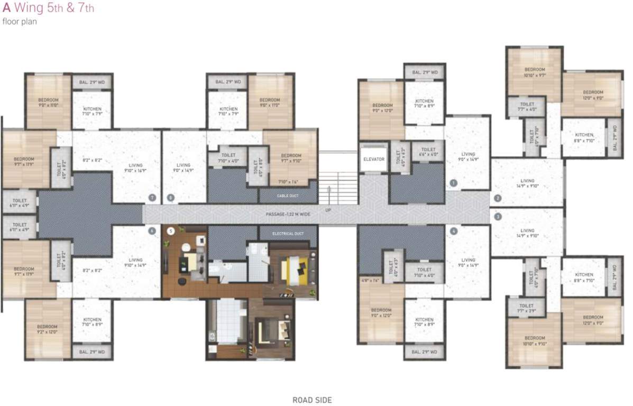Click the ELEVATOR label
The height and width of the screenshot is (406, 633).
click(x=373, y=159)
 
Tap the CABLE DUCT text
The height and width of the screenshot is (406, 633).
click(x=288, y=196)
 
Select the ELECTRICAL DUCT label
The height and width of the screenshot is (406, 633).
click(x=288, y=233)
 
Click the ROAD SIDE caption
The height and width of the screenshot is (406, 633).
click(x=312, y=400)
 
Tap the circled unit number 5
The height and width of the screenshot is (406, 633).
click(x=170, y=231)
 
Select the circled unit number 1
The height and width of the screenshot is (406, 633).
click(x=453, y=183)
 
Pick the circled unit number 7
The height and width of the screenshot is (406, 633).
click(x=152, y=198)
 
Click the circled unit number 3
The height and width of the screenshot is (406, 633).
click(x=498, y=216)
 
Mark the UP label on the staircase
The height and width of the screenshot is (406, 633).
click(x=328, y=210)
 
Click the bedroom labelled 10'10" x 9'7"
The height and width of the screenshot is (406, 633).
click(x=534, y=72)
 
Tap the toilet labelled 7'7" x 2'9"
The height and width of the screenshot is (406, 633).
click(x=526, y=308)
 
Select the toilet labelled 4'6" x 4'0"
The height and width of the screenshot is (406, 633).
click(x=428, y=152)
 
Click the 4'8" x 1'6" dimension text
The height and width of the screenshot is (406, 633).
click(x=370, y=280)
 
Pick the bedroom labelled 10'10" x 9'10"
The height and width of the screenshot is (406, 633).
click(x=534, y=340)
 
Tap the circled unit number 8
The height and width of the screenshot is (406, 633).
click(x=170, y=198)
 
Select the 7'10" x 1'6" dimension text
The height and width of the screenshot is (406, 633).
click(x=288, y=182)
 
